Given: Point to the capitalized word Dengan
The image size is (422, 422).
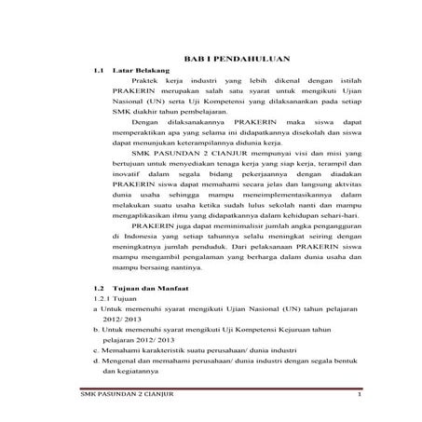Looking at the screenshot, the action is pyautogui.click(x=148, y=122).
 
